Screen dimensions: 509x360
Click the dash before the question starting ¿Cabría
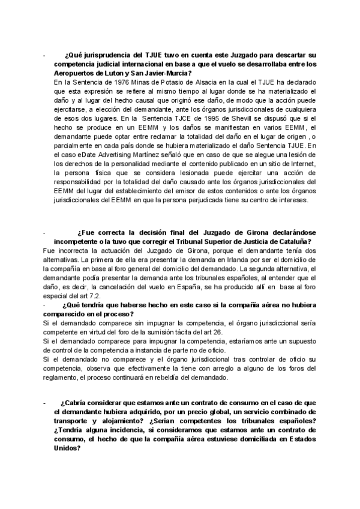[44, 403]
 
